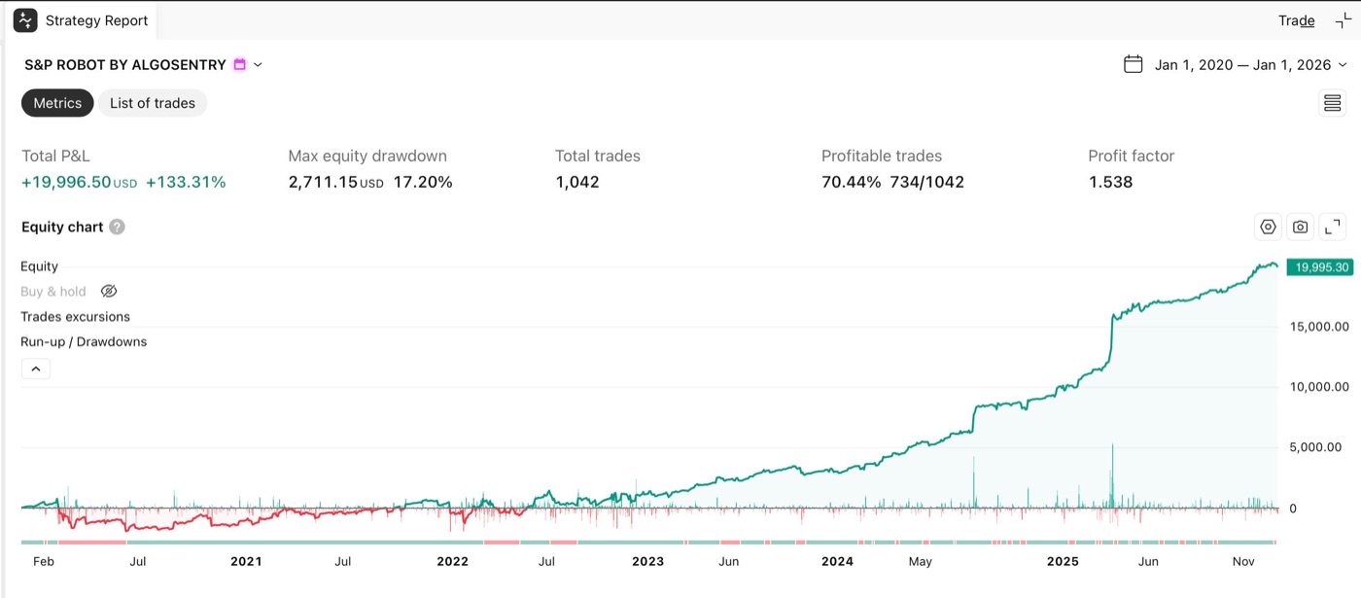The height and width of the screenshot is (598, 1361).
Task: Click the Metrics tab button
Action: (x=57, y=103)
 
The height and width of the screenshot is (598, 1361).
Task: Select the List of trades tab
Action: (x=153, y=103)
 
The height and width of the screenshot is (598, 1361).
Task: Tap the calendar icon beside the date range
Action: (x=1134, y=64)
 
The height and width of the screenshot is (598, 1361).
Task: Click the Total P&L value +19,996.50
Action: (x=66, y=183)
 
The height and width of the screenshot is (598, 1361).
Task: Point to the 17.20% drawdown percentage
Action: (x=423, y=183)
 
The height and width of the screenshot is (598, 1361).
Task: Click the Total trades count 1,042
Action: (x=577, y=183)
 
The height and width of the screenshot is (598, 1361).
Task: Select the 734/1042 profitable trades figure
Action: (x=926, y=183)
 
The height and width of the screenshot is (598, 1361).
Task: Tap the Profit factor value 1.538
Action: (x=1110, y=183)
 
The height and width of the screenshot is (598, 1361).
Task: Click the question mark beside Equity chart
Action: (x=118, y=228)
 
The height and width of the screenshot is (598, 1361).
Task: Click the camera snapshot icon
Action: (x=1301, y=228)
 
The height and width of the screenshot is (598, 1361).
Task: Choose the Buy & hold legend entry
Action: (x=53, y=292)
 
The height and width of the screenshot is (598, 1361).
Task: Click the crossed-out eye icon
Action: (x=109, y=291)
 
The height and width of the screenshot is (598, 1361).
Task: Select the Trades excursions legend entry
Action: (x=76, y=317)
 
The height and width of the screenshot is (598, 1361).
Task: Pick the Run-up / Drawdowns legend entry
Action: (x=84, y=341)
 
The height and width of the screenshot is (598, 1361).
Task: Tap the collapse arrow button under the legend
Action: (x=36, y=369)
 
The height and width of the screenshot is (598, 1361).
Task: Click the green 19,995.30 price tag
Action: (x=1320, y=267)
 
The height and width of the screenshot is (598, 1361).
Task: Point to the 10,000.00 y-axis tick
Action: (x=1319, y=387)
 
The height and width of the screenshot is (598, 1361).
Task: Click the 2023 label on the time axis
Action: (x=647, y=562)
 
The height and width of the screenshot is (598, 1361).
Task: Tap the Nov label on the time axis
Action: (x=1243, y=562)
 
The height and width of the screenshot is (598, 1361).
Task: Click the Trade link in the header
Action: (x=1296, y=20)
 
